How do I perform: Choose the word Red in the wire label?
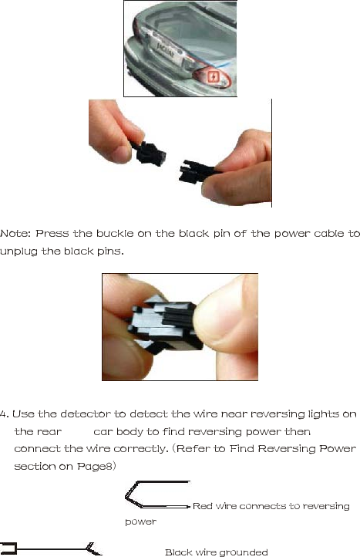coord(202,506)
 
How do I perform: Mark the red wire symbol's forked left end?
coord(130,494)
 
